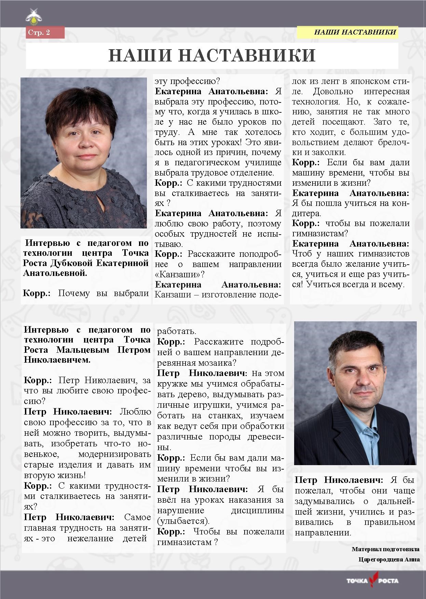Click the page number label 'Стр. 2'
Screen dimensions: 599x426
click(39, 32)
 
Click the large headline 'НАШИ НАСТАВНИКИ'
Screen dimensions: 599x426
click(212, 55)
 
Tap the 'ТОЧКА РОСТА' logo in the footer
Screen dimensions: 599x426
click(373, 580)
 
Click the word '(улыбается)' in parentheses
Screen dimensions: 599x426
click(183, 521)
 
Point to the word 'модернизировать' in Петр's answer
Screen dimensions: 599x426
click(114, 454)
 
